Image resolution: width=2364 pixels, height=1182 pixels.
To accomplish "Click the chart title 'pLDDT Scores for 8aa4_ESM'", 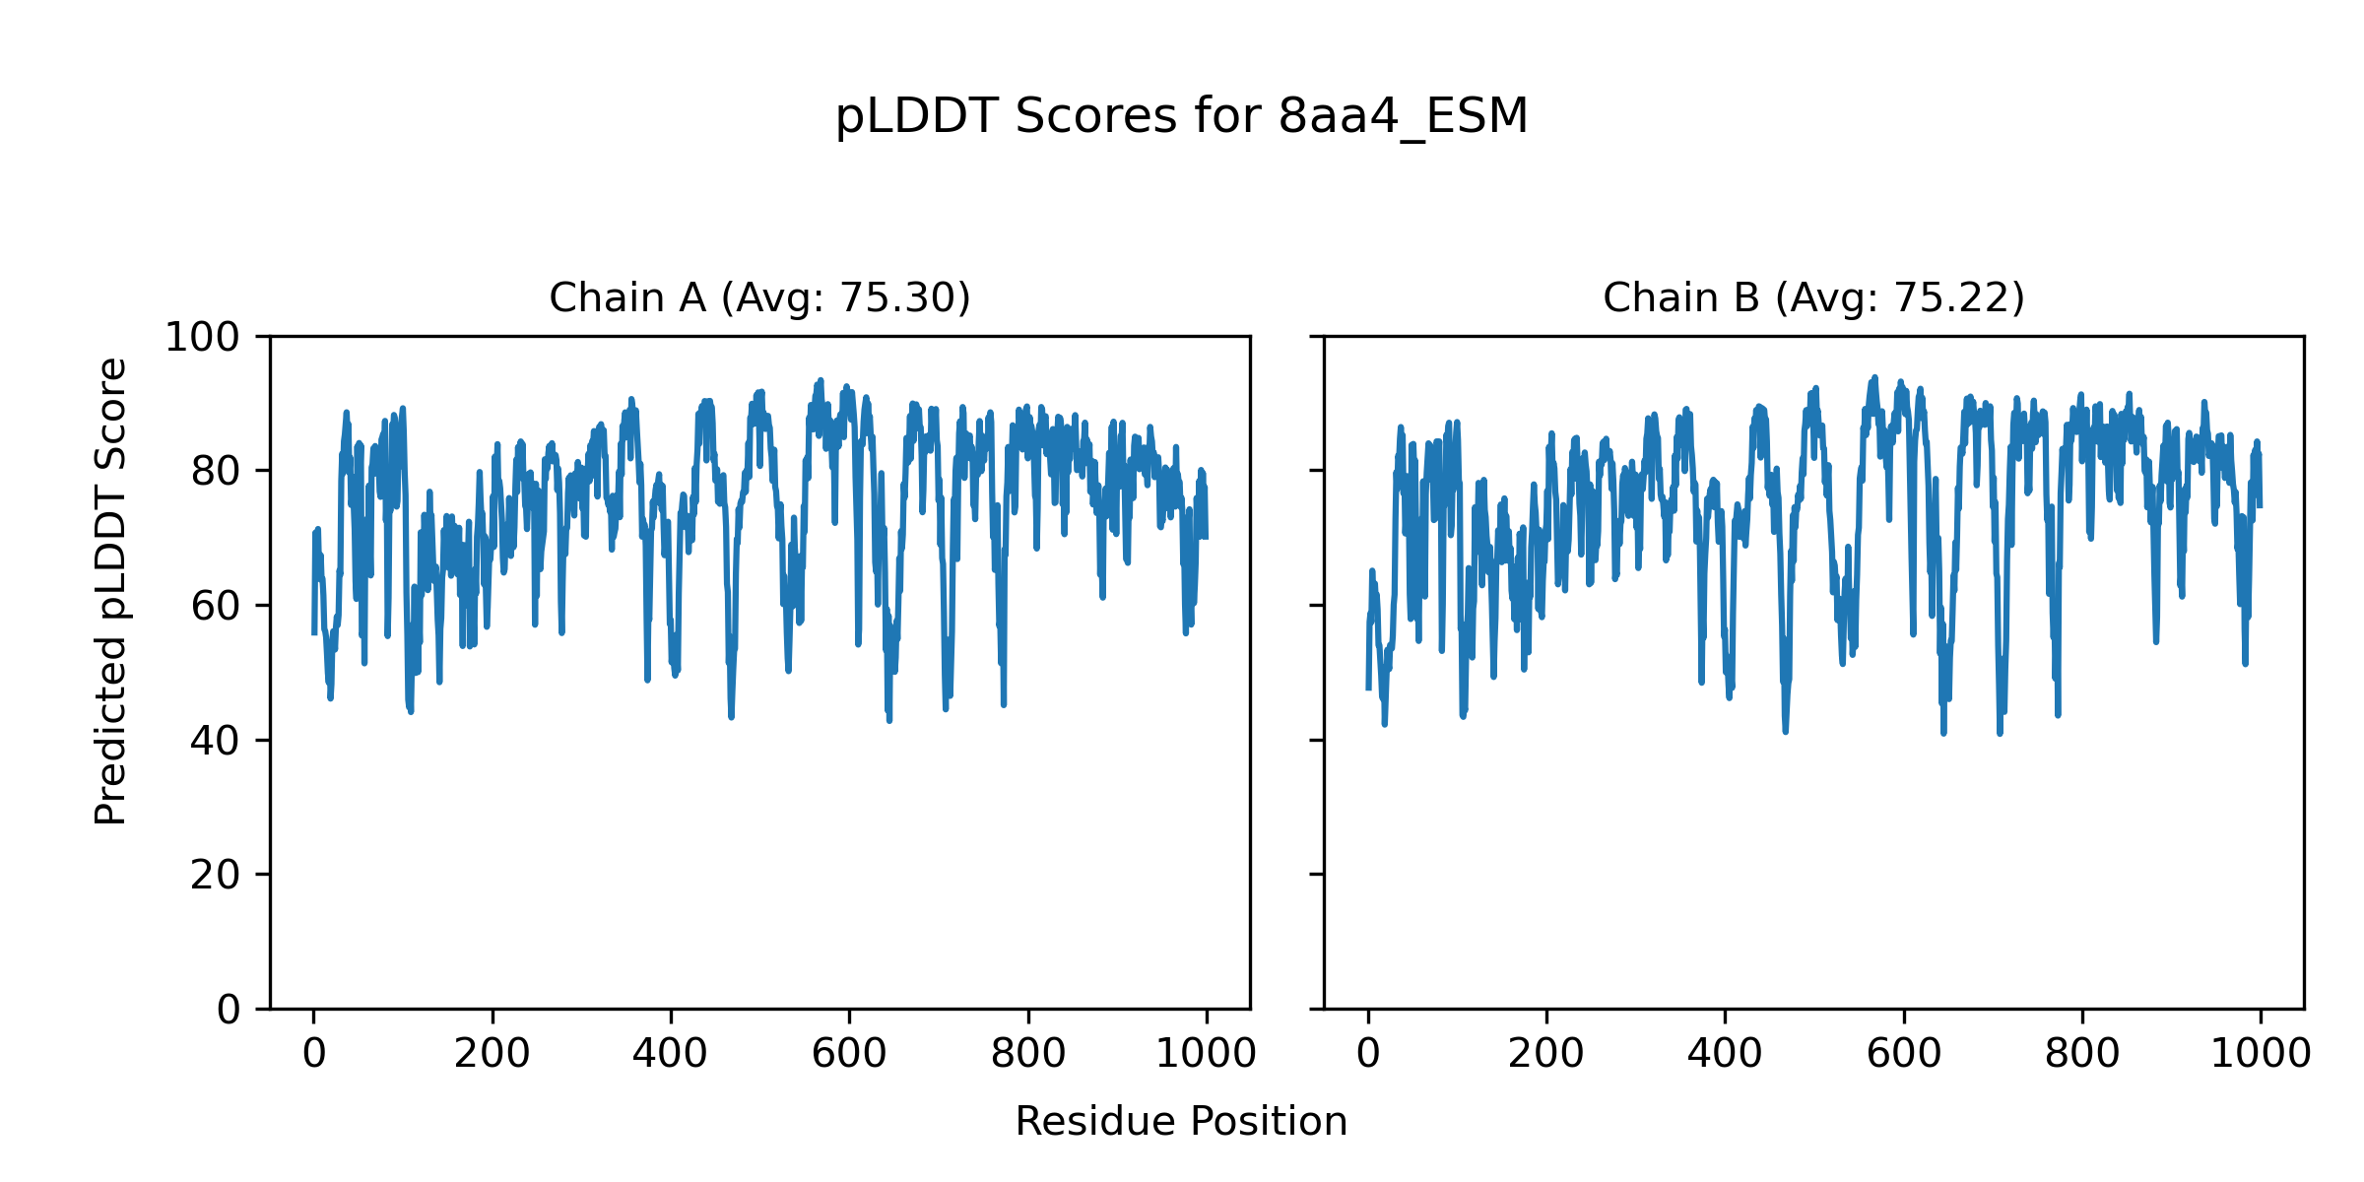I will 1181,117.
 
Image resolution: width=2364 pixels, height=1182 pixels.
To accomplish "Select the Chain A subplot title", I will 759,297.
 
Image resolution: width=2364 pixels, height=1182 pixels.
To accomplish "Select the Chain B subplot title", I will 1813,297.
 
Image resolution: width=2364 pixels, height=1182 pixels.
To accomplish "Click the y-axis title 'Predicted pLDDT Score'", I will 111,591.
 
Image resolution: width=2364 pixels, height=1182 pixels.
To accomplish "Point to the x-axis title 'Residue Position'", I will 1181,1122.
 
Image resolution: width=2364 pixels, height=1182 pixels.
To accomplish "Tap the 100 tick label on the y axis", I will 202,338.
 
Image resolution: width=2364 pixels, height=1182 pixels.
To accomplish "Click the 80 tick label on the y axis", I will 216,472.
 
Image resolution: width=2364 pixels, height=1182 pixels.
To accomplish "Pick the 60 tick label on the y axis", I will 216,607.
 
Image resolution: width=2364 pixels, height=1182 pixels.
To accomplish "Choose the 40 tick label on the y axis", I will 216,741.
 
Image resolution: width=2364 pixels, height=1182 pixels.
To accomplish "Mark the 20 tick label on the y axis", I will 216,875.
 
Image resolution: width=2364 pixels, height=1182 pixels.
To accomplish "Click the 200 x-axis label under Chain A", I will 492,1054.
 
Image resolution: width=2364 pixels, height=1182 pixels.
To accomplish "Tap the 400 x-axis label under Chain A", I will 671,1054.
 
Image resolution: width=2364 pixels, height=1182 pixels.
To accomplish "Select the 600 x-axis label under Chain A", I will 849,1054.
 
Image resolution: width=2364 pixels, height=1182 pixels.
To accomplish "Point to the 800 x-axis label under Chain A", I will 1028,1054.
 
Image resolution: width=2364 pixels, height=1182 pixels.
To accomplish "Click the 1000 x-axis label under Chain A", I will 1207,1054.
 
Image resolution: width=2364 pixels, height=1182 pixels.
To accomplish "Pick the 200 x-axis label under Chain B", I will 1546,1054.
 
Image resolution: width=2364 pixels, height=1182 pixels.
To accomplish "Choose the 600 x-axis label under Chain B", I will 1904,1054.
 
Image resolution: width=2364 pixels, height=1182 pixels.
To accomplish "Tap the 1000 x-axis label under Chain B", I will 2261,1054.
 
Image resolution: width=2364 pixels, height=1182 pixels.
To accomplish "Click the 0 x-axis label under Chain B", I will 1368,1054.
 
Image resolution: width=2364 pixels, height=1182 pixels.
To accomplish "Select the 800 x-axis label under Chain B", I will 2082,1054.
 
